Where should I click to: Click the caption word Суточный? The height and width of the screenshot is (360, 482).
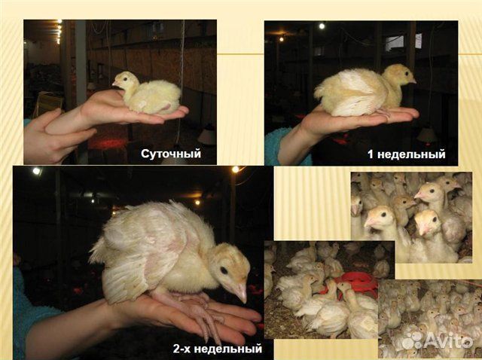click(x=171, y=154)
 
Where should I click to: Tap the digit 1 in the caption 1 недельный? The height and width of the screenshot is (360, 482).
click(x=371, y=154)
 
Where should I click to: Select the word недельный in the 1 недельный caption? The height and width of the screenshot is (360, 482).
click(x=411, y=154)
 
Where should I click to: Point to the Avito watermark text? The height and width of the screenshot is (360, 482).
click(x=449, y=340)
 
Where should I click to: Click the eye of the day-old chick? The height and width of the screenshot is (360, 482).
click(x=126, y=78)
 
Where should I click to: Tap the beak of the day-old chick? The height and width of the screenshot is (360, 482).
click(x=115, y=84)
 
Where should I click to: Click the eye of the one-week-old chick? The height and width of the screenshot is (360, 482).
click(x=406, y=74)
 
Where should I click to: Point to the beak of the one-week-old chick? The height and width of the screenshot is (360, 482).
click(x=413, y=81)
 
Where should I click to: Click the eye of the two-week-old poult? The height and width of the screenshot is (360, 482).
click(x=224, y=270)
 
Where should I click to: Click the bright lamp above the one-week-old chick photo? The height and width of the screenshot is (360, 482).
click(x=322, y=26)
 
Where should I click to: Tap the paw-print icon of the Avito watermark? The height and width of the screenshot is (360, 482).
click(x=413, y=340)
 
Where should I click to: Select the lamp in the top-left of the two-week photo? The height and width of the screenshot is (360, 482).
click(x=37, y=171)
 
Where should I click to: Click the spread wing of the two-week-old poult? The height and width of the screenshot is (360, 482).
click(x=136, y=252)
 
